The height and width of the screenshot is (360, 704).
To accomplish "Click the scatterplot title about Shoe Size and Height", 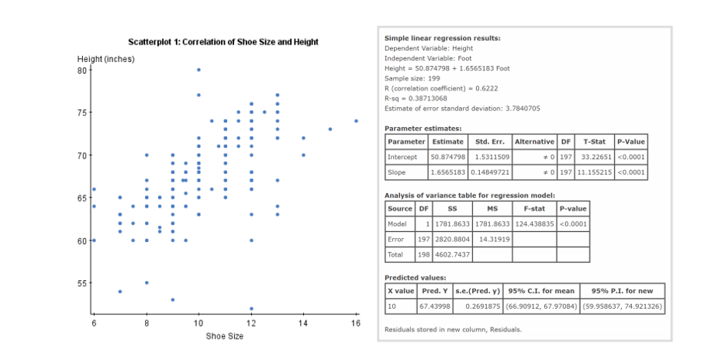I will pos(223,41).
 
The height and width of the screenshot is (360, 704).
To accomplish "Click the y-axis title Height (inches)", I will pos(105,60).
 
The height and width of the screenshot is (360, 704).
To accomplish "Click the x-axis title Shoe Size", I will pos(224,335).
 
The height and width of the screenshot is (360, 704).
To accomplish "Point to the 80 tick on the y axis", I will pos(82,70).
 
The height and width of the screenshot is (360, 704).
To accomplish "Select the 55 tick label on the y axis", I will pos(82,283).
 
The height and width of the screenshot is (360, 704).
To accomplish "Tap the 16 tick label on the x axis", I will pos(356,323).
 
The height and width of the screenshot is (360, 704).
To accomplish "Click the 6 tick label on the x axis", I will pos(94,323).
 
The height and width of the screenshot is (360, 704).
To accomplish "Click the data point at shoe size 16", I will pos(356,120).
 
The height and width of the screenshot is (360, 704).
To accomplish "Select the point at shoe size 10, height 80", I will pos(198,70).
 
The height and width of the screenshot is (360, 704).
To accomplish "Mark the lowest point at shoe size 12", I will pos(251,308).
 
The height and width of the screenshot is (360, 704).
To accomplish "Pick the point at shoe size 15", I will pos(330,129).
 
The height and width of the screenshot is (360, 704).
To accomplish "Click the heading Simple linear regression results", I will pos(442,37).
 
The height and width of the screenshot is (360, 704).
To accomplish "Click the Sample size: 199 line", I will pos(413,78).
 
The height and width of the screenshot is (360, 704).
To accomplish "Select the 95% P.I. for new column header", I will pos(623,290).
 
